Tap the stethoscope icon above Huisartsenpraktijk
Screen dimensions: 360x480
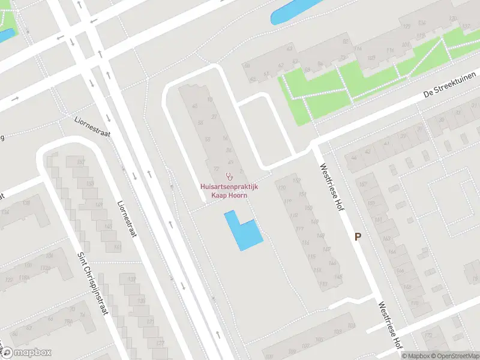(x=229, y=176)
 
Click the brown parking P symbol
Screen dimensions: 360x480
(x=358, y=237)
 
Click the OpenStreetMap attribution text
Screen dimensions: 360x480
(x=454, y=356)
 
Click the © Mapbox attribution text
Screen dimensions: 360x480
(x=415, y=356)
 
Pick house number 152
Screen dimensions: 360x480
(x=295, y=179)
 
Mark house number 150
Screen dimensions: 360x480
(x=309, y=208)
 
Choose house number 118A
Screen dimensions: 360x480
(x=25, y=278)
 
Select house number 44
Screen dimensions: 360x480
(x=354, y=158)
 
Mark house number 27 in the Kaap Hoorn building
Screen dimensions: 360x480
(x=214, y=118)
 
